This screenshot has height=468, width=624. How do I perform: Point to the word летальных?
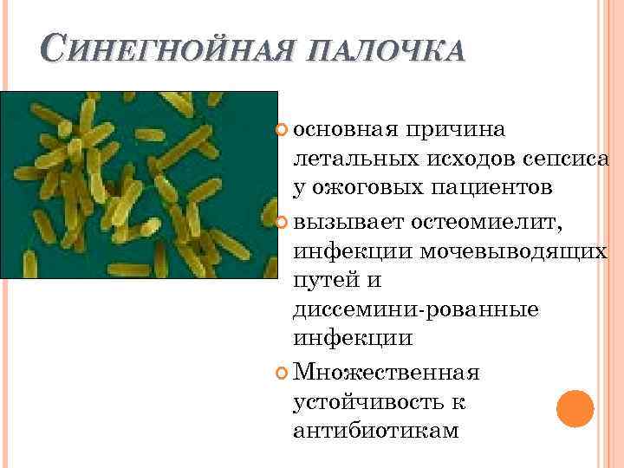pyautogui.click(x=357, y=159)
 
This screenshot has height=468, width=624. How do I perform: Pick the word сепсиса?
pyautogui.click(x=566, y=159)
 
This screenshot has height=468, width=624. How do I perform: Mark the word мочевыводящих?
pyautogui.click(x=513, y=251)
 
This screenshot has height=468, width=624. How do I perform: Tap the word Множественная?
pyautogui.click(x=387, y=372)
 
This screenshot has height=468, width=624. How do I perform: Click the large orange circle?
pyautogui.click(x=574, y=407)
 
